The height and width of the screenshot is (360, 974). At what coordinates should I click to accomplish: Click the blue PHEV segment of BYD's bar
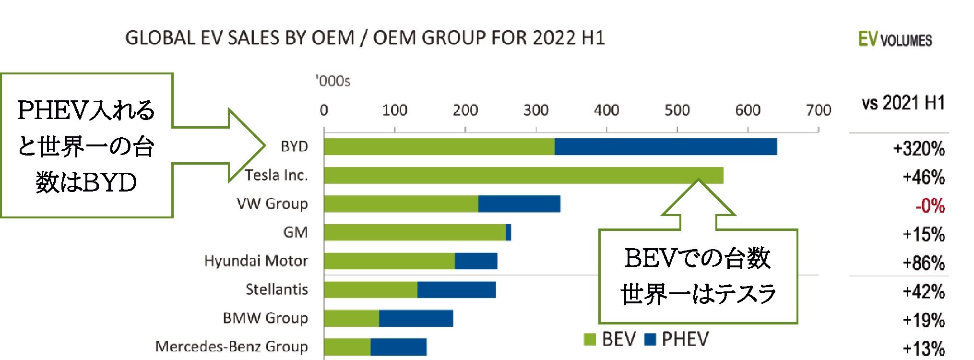pos(665,147)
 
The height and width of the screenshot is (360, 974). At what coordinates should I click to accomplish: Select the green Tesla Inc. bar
pos(523,175)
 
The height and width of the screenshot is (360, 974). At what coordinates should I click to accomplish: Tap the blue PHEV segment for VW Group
pos(519,204)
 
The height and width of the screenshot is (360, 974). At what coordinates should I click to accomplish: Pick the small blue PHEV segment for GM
pos(509,232)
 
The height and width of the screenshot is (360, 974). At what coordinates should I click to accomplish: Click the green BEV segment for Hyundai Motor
pos(389,261)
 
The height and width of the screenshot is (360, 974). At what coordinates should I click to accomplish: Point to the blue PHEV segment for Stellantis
pos(456,289)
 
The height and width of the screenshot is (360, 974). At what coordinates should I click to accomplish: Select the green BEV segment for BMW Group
pos(351,318)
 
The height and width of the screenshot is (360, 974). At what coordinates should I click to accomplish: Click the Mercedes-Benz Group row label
pos(231,346)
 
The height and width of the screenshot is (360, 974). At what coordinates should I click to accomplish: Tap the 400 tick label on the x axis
pos(606,110)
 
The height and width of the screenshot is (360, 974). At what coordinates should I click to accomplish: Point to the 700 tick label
pos(819,110)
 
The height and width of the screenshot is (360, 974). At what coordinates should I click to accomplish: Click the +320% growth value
pos(919,149)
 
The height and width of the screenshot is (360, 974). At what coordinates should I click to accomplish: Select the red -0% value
pos(930,206)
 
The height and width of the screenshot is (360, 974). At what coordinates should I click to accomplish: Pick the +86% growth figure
pos(924,263)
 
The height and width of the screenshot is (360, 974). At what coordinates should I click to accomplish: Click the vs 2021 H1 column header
pos(903,103)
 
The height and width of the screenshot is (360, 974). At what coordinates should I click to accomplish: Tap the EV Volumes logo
pos(895,39)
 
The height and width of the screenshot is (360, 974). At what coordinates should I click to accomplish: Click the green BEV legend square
pos(590,340)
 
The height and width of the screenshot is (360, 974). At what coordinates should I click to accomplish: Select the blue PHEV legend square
pos(650,340)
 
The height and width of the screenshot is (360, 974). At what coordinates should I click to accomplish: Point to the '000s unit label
pos(333,81)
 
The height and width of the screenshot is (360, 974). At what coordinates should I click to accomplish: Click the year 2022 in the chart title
pos(554,37)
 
